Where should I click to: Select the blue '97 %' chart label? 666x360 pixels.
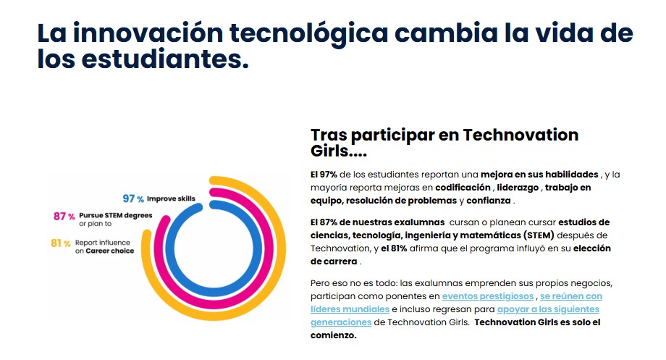coord(133,198)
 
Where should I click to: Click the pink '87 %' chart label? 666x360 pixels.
coord(64,216)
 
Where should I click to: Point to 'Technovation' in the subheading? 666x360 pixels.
coord(520,135)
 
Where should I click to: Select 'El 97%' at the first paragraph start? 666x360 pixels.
coord(324,175)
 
